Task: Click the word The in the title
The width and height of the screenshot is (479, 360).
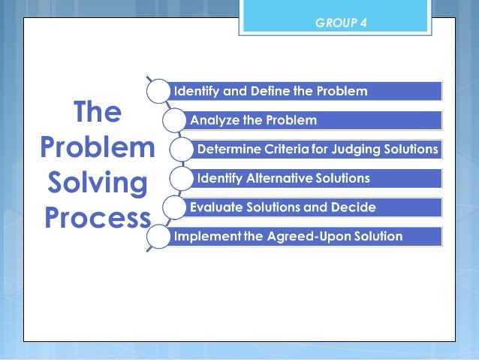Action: (x=97, y=113)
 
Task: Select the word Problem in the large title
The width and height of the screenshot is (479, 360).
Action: (x=97, y=148)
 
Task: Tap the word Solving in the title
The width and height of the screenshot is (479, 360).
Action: (x=97, y=183)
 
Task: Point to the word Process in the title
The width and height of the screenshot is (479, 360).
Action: (x=97, y=218)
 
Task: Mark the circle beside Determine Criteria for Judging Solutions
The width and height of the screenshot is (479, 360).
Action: (x=182, y=150)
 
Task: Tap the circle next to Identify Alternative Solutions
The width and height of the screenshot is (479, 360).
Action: (x=182, y=178)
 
